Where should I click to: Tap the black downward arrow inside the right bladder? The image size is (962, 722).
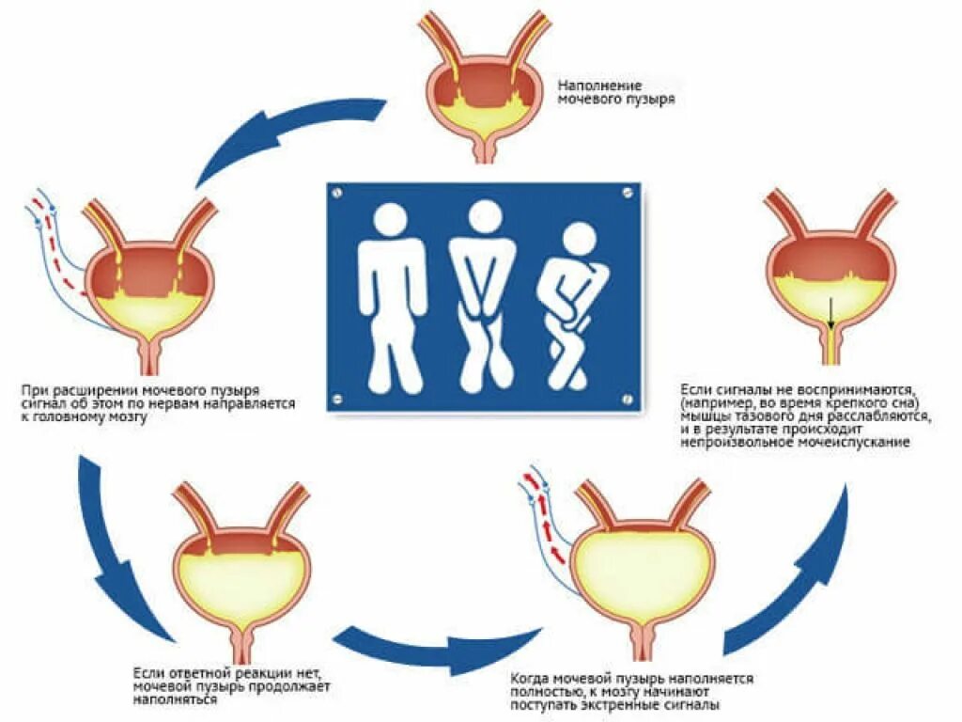tap(830, 310)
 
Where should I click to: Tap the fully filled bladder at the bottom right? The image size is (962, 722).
tap(641, 564)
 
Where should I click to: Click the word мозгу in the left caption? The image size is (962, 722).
tap(127, 416)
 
